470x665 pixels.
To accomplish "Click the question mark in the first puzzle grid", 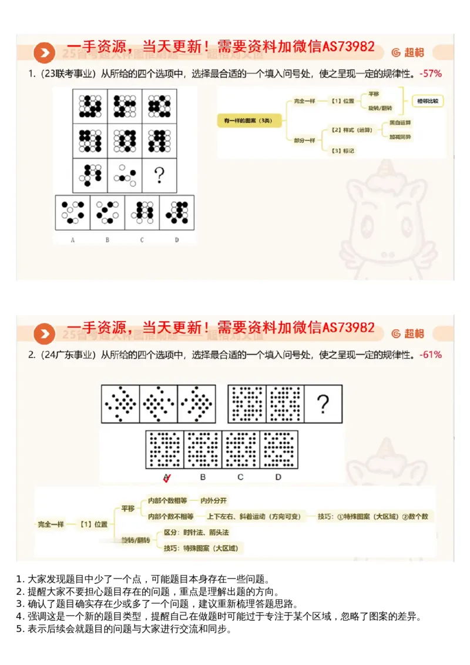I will point(158,175).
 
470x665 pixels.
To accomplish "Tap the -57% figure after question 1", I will point(431,74).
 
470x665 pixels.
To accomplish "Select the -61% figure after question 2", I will point(431,355).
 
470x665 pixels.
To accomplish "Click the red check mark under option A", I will point(167,477).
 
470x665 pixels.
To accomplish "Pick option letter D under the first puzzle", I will point(176,239).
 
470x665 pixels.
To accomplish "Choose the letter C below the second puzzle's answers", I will point(240,477).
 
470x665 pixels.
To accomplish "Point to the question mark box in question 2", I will point(323,404).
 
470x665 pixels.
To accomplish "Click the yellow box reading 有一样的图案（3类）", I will point(249,121).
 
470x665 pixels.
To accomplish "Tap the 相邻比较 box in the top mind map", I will point(427,101).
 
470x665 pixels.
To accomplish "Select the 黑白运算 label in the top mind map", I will point(400,123).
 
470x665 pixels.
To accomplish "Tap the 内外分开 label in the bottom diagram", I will point(214,500).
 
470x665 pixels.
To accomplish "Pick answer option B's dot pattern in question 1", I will point(108,212).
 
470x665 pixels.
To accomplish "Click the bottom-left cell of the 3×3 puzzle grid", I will point(90,175).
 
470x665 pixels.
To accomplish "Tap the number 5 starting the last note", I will point(19,629).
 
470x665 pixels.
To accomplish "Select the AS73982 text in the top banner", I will point(349,47).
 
